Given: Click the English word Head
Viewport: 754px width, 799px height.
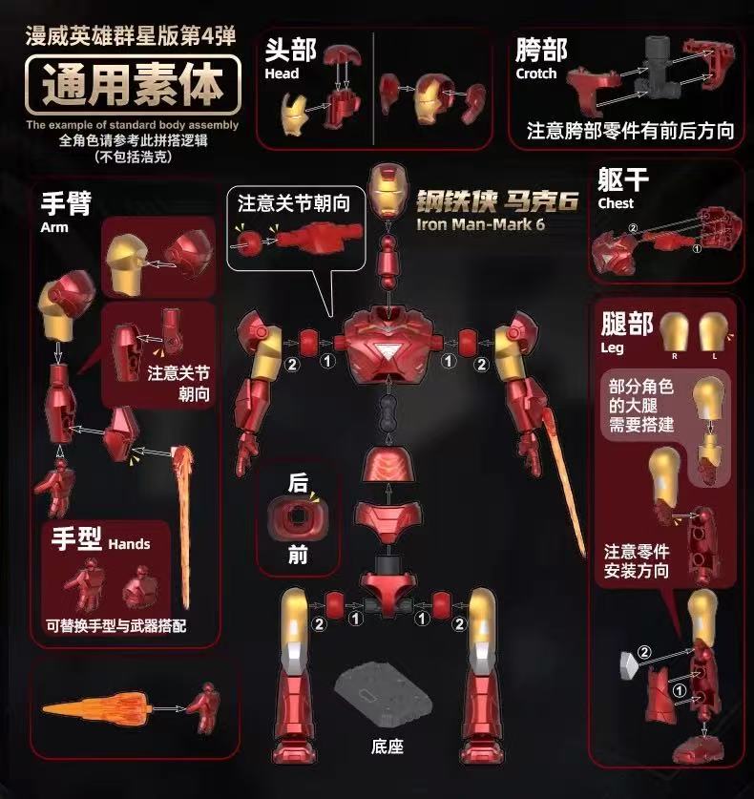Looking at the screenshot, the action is pos(282,74).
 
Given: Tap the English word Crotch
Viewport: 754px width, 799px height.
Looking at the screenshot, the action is pos(536,74).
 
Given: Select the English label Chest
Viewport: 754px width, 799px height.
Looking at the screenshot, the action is pos(616,203).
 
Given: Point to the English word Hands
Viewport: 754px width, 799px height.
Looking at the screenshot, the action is pos(129,544).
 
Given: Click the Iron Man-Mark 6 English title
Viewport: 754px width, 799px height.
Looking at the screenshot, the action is pos(480,224).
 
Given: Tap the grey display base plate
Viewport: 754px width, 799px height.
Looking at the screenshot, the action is pos(383,696).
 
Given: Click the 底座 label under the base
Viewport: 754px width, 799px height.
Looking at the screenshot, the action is pos(387,747).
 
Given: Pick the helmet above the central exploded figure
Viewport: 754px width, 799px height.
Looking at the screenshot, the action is pos(388,191).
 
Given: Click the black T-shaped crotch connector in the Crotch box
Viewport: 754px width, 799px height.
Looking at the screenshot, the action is pos(659,69).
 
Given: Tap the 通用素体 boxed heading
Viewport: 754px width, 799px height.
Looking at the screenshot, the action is pos(133,85).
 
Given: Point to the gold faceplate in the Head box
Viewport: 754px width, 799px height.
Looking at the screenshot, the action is pos(295,114).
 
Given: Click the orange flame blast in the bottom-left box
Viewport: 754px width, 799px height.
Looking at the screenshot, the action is pos(96,709).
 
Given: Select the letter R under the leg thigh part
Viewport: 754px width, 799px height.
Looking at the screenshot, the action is pos(674,356).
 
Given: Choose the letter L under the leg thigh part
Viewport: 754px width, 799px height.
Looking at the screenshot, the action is pos(714,356).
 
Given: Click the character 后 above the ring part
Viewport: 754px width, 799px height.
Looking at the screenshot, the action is pos(298,482).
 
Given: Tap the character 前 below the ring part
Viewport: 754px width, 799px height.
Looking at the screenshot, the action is pos(298,555).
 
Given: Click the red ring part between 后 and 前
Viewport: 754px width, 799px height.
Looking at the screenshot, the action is pos(298,516).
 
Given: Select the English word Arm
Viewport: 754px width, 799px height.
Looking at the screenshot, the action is pos(54,227).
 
